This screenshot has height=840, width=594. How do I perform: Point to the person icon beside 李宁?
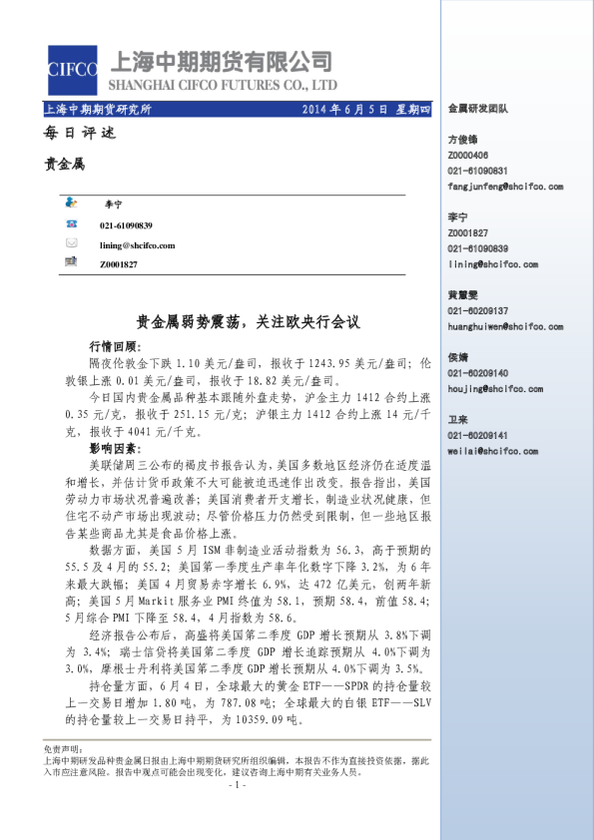point(71,201)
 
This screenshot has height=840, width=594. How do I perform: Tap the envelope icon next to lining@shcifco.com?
point(71,244)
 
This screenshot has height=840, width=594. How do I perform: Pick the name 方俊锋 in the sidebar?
point(463,141)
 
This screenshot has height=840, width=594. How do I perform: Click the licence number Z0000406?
point(468,156)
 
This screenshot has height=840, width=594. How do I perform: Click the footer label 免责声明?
point(61,748)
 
